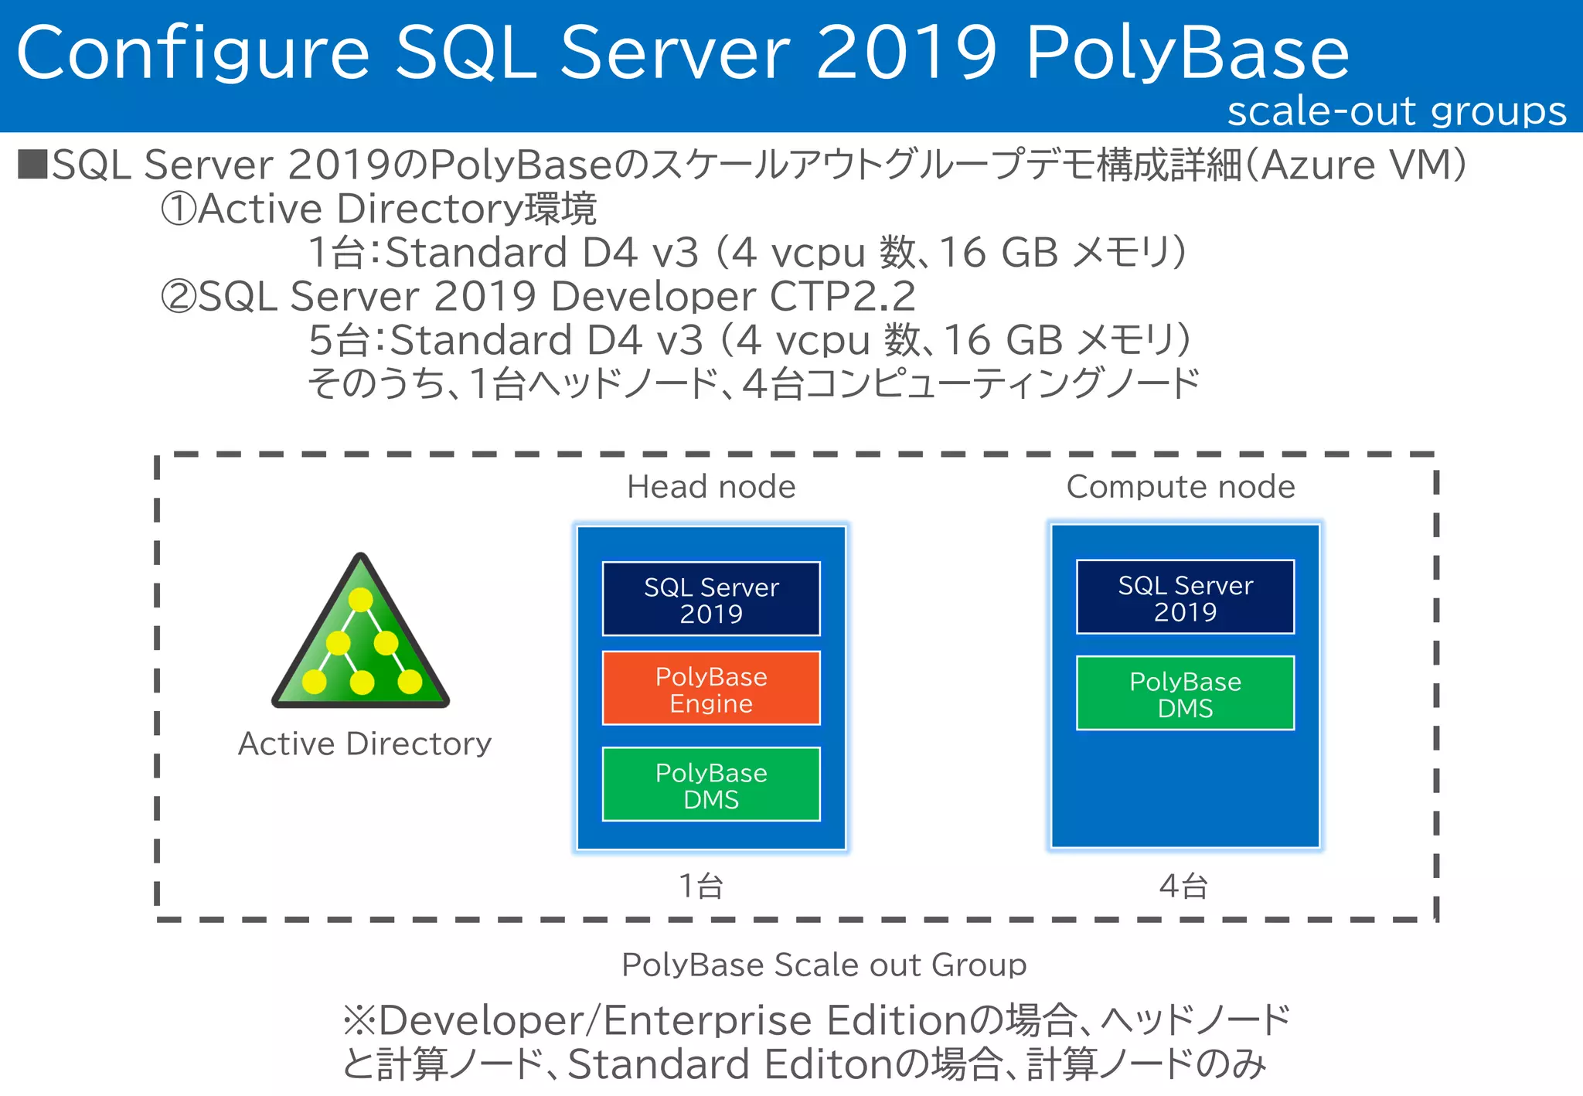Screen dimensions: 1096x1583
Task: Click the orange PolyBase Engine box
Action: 711,689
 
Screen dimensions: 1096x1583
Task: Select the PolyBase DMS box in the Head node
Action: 711,785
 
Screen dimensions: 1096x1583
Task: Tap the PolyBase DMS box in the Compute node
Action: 1185,693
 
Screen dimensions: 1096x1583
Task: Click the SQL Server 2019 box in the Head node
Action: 711,599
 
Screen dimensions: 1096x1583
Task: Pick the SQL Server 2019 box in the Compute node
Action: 1185,597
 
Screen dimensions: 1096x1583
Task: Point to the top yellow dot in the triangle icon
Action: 361,600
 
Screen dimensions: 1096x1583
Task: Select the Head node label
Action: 711,487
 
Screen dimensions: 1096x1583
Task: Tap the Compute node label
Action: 1180,487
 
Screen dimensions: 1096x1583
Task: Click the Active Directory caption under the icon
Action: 365,744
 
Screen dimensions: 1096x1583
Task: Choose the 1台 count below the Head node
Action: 701,886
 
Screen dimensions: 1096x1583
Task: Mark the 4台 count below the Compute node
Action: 1183,886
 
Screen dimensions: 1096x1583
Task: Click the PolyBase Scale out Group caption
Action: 824,965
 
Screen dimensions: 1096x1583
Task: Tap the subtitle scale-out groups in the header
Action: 1397,111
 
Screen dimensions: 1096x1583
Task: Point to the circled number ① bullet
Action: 179,209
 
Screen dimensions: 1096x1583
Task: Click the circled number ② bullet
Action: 179,297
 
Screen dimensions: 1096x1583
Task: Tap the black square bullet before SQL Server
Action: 32,165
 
